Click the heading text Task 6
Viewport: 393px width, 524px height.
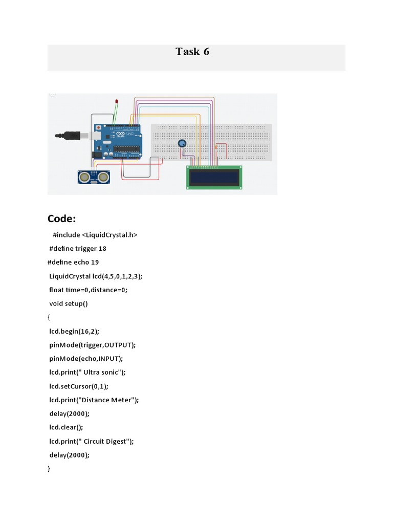[x=192, y=52]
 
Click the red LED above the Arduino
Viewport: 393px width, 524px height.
[x=117, y=101]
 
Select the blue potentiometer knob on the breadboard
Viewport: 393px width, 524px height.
[x=182, y=144]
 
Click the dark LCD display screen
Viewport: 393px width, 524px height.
[x=214, y=178]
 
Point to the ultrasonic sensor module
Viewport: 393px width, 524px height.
[x=94, y=177]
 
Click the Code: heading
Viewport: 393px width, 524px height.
[x=61, y=219]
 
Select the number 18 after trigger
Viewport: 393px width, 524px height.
[x=102, y=249]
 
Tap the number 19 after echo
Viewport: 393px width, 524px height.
[x=95, y=263]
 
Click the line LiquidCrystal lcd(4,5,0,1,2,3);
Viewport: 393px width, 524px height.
[x=96, y=276]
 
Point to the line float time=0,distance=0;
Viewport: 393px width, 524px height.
[x=88, y=290]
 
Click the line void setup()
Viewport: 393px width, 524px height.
[x=69, y=304]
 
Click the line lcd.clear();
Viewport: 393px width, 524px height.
[x=66, y=428]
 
